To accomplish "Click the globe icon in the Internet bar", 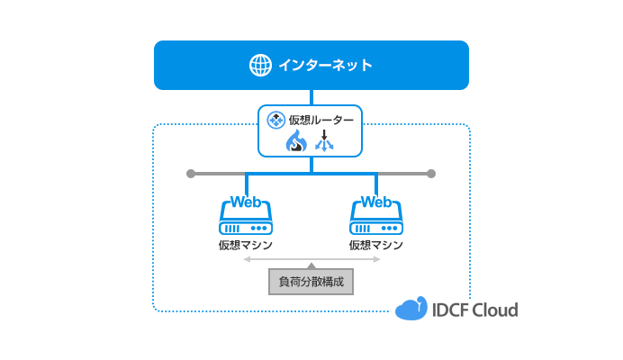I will click(260, 65).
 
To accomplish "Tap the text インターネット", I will click(325, 65).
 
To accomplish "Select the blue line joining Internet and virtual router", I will click(311, 97).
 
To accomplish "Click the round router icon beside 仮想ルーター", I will click(276, 119).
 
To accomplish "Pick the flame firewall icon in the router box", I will click(296, 141).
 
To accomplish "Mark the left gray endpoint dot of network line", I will click(190, 173).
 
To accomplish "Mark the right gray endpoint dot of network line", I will click(431, 173).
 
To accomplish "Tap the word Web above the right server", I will click(375, 201).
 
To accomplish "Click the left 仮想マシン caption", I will click(246, 245).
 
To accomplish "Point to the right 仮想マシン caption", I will click(375, 245).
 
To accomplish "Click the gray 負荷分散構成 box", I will click(311, 282).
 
